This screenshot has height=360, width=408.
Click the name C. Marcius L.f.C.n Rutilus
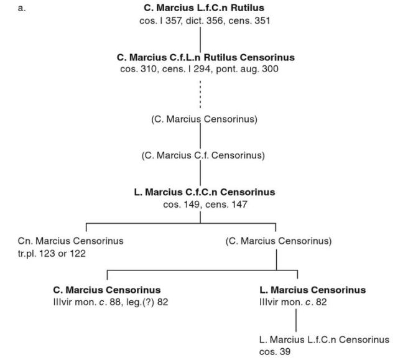point(205,8)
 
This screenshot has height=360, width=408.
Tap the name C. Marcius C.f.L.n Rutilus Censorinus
point(205,57)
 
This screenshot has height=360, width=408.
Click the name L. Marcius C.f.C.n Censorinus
point(205,192)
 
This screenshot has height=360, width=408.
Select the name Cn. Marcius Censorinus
point(72,241)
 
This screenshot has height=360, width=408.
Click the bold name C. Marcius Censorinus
point(107,290)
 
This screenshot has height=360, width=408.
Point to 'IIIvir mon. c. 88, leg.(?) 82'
point(111,302)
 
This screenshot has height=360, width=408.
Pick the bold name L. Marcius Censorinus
point(312,290)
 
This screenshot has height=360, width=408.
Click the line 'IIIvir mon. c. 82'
point(294,302)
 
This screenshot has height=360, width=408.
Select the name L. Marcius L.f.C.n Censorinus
point(324,339)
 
